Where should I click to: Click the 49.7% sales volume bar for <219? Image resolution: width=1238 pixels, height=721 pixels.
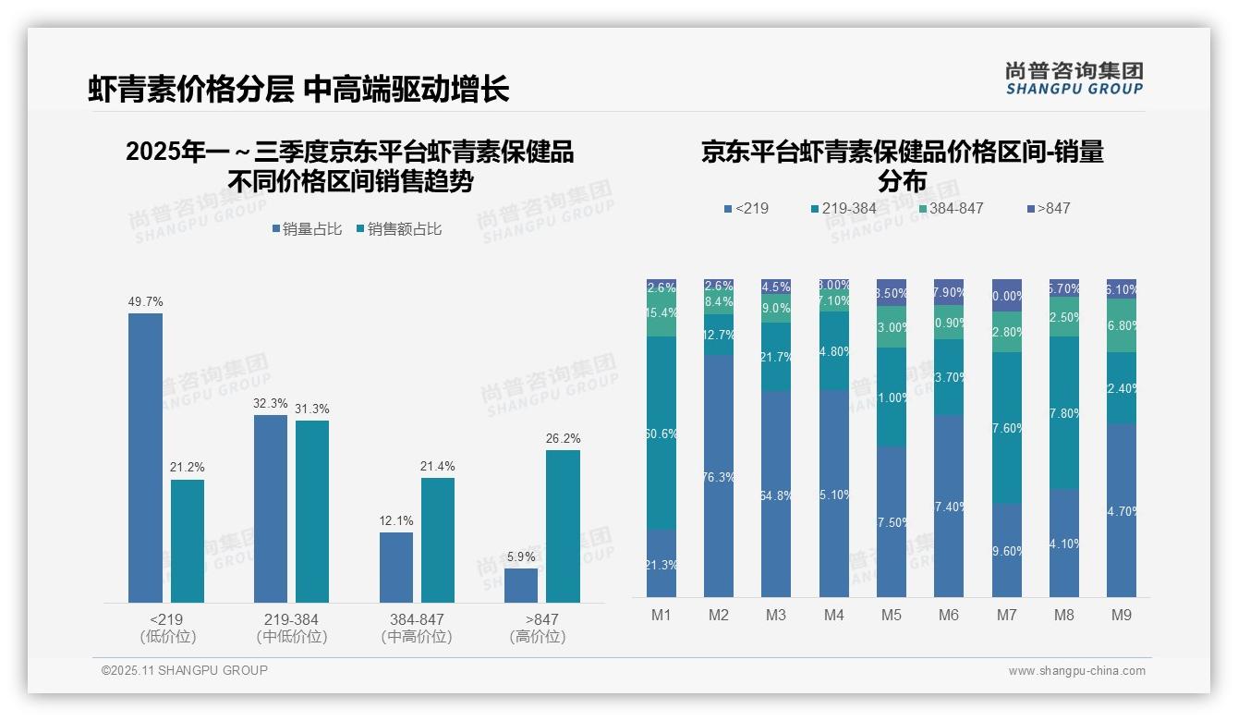[145, 458]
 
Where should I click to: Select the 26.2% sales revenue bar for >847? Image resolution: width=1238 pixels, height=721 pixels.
[563, 526]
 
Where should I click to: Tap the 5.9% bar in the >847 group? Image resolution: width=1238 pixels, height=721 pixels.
[521, 585]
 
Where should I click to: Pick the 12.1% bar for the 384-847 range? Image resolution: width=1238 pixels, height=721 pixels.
[395, 567]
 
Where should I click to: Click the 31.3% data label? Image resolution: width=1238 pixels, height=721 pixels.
[312, 409]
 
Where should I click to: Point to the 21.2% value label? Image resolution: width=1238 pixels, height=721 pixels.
[187, 467]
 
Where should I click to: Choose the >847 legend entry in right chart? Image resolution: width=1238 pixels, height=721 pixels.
[1048, 208]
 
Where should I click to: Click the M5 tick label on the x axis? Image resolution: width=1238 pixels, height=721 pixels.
[891, 615]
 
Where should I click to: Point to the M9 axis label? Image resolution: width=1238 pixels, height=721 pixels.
[1121, 615]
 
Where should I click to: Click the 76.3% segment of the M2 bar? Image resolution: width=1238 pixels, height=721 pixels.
[719, 476]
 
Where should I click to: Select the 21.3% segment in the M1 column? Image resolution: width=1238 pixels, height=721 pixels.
[661, 563]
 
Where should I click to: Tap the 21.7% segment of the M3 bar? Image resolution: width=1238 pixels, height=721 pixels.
[776, 357]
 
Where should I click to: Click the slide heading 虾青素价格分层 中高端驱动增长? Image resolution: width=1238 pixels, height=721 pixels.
[298, 90]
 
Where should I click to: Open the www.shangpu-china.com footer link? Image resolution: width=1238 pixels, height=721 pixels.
[1076, 670]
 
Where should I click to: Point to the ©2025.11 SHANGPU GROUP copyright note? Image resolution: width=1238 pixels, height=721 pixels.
[185, 670]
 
